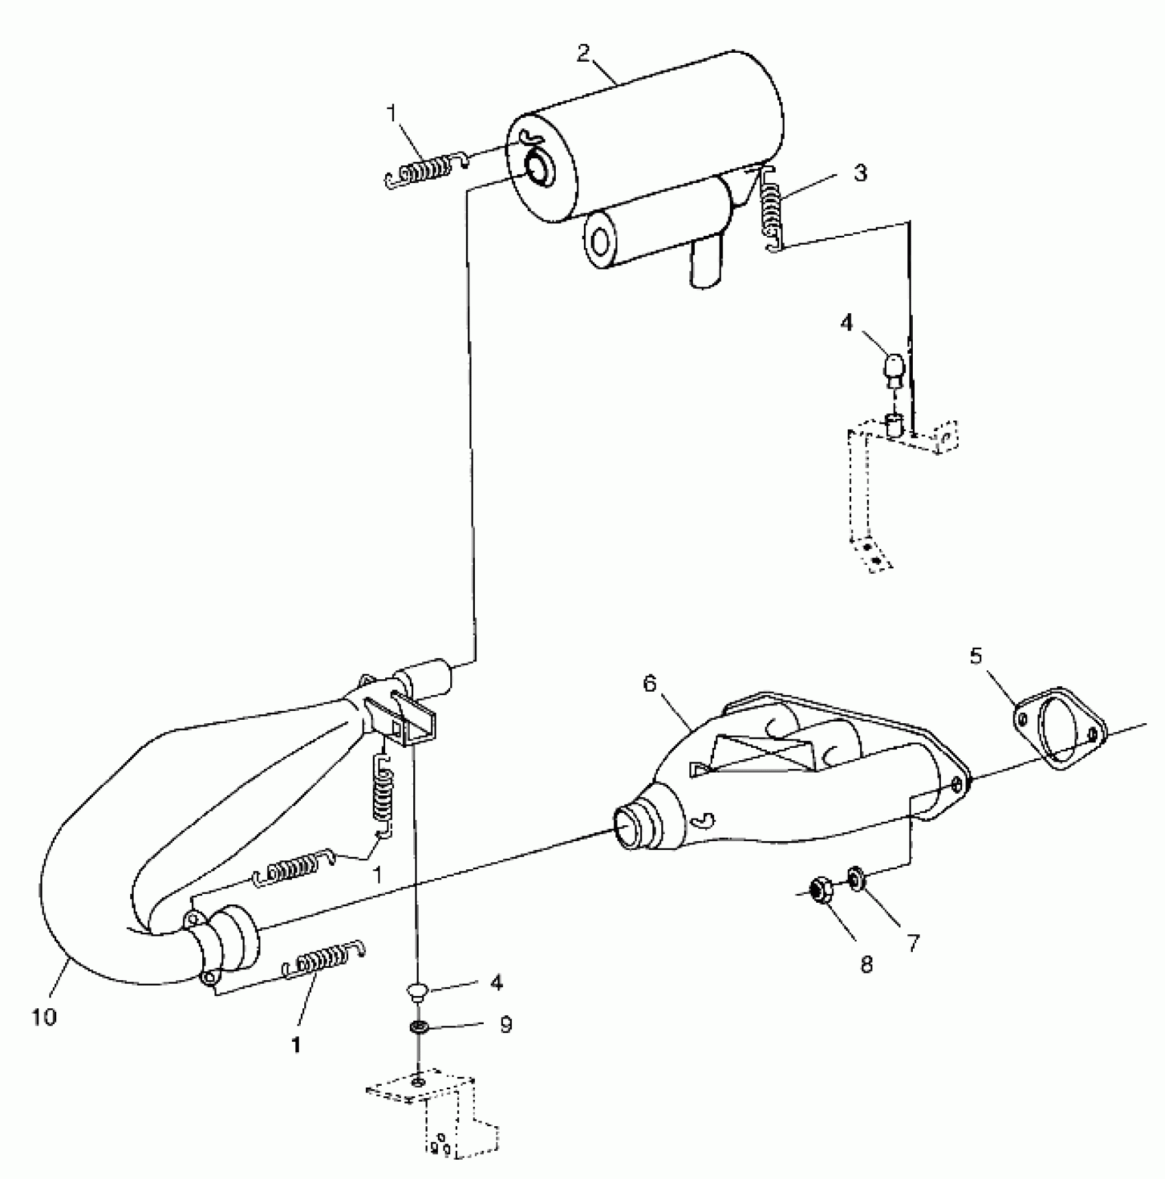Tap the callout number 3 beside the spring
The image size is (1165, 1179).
tap(860, 173)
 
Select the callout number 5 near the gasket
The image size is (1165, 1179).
tap(976, 657)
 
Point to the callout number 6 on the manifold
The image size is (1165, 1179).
tap(650, 683)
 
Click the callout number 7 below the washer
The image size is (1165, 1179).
tap(913, 943)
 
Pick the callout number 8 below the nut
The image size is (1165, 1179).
tap(867, 964)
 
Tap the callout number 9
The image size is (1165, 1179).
tap(506, 1025)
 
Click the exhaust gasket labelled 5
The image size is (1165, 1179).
tap(1059, 727)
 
